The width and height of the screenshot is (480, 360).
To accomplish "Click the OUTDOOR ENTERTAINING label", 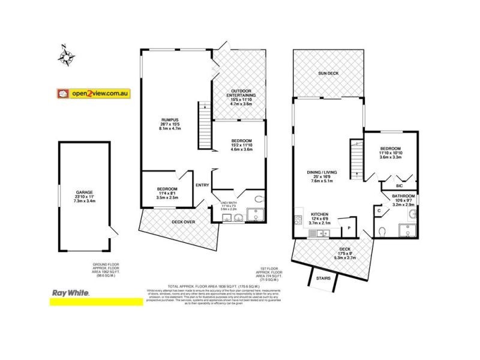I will pos(241,95).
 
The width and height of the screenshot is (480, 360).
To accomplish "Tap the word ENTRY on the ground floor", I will pos(202,185).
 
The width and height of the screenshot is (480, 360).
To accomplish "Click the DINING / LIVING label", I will pos(322,173).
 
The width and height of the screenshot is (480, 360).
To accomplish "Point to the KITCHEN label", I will pos(319,214).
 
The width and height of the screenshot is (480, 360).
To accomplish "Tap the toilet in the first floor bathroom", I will pos(382,232).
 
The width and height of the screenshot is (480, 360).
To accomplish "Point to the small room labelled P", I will pos(349,228).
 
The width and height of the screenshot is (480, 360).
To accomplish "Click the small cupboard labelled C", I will pos(379,210).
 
